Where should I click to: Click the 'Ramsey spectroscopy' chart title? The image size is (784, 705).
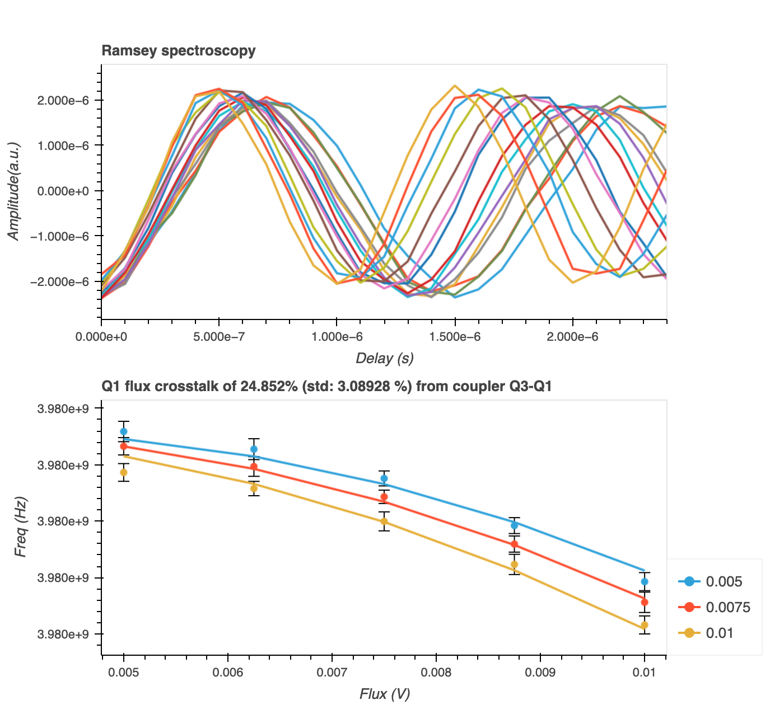178,51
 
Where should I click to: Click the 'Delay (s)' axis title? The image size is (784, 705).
384,358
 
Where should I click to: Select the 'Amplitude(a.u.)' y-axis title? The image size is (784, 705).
14,191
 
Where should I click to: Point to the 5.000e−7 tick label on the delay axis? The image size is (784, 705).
219,337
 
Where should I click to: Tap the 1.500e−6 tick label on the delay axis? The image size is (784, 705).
455,337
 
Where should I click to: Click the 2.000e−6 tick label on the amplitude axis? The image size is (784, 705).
63,101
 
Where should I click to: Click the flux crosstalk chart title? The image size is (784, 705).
326,386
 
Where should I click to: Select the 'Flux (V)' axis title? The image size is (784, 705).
384,694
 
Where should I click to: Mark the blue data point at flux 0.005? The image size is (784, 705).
124,431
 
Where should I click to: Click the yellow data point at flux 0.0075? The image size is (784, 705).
384,521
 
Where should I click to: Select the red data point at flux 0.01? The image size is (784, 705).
645,602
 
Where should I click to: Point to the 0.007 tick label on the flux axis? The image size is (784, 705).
332,673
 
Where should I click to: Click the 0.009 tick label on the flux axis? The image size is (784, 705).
540,673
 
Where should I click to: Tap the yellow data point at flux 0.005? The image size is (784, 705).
124,472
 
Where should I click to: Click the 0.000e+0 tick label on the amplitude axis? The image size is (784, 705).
63,191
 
